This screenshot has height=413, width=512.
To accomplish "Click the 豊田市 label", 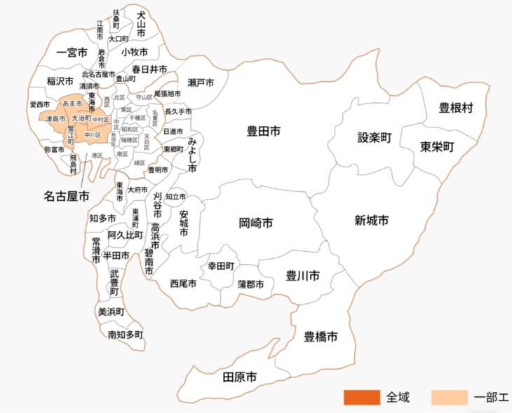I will tap(264, 130).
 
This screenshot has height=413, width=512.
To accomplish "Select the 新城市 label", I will tap(372, 220).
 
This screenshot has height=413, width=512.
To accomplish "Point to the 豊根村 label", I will tap(456, 108).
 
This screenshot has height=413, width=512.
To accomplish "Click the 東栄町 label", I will tap(438, 147).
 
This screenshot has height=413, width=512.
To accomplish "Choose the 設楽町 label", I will tap(374, 137).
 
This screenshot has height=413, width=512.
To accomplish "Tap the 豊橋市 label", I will tap(321, 337).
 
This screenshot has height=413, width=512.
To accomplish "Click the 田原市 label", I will tap(239, 377).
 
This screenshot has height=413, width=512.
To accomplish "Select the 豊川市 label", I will tap(303, 276).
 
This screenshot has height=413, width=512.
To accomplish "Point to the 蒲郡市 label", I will tap(250, 284).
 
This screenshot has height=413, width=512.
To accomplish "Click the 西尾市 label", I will tap(183, 283).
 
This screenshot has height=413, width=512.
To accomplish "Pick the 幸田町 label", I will tap(220, 267).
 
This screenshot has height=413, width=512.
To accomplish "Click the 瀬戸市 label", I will tap(201, 83).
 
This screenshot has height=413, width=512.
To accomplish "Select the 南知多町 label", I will tap(126, 335).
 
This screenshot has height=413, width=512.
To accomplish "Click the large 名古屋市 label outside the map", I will tap(67, 197).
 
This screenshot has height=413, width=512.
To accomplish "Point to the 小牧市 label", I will tap(134, 52).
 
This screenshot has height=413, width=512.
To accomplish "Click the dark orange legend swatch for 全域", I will tap(361, 397).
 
